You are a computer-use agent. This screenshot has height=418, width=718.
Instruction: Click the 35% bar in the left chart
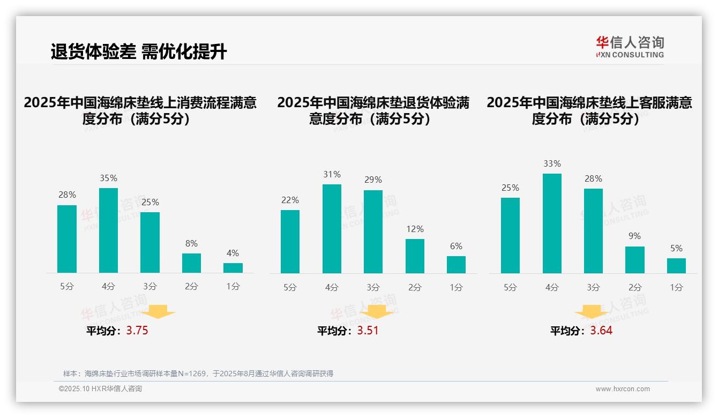coord(108,230)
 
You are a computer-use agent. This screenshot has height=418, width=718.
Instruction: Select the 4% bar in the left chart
coord(233,268)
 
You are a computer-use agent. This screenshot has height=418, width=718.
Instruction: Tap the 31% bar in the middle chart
coord(332,229)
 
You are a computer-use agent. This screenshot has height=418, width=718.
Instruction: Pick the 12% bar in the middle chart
coord(415,256)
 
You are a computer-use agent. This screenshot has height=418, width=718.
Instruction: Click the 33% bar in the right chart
coord(552,223)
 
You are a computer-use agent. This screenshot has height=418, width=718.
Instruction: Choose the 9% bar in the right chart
coord(635,260)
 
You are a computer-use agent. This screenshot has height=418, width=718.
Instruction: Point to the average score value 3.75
coord(137,331)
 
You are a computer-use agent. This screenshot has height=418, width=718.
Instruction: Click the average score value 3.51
coord(368,331)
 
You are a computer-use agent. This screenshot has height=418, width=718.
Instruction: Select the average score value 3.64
coord(601,331)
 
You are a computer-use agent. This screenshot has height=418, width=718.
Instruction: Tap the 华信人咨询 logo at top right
coord(630,47)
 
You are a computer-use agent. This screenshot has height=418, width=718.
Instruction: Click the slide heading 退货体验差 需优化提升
coord(139,52)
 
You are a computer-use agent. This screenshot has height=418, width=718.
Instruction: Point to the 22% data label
coord(290,200)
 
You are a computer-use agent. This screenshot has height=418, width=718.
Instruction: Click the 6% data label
coord(456,247)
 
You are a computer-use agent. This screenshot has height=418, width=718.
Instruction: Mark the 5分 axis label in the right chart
coord(510,287)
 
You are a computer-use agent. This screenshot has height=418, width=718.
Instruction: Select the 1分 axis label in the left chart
coord(233,287)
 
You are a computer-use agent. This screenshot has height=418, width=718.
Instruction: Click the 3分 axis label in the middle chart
coord(373,287)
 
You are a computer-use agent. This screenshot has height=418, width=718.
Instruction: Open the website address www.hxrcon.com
coord(623,389)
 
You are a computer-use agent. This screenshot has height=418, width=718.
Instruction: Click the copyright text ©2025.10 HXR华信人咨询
coord(100,389)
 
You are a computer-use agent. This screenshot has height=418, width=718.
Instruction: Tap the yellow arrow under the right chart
coord(592,313)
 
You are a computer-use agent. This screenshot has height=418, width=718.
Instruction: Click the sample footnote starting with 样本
coord(198,374)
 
